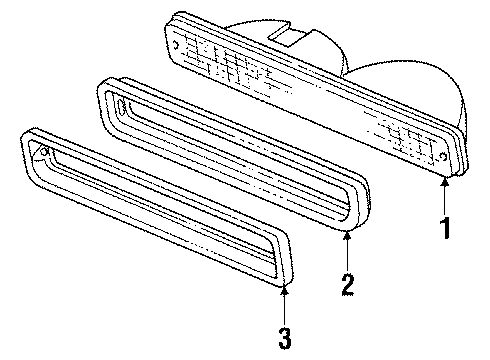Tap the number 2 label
pos(347,285)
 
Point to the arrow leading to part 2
pos(347,250)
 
